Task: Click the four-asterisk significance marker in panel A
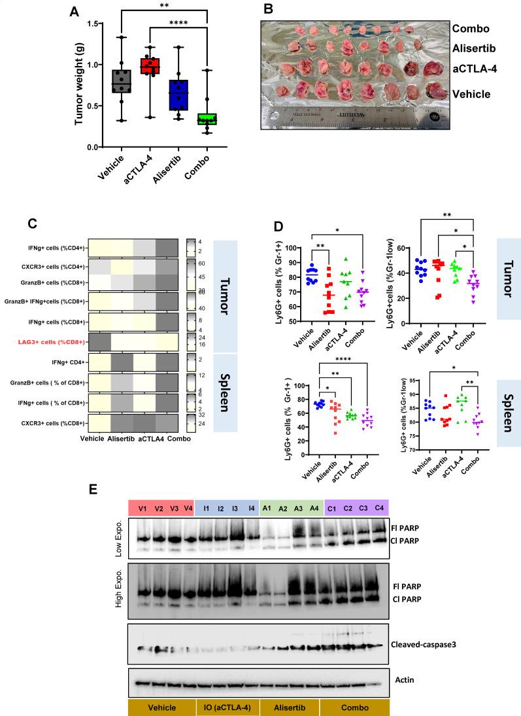178,26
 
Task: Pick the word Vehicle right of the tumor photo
473,94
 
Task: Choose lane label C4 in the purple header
379,507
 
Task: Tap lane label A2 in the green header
282,508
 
